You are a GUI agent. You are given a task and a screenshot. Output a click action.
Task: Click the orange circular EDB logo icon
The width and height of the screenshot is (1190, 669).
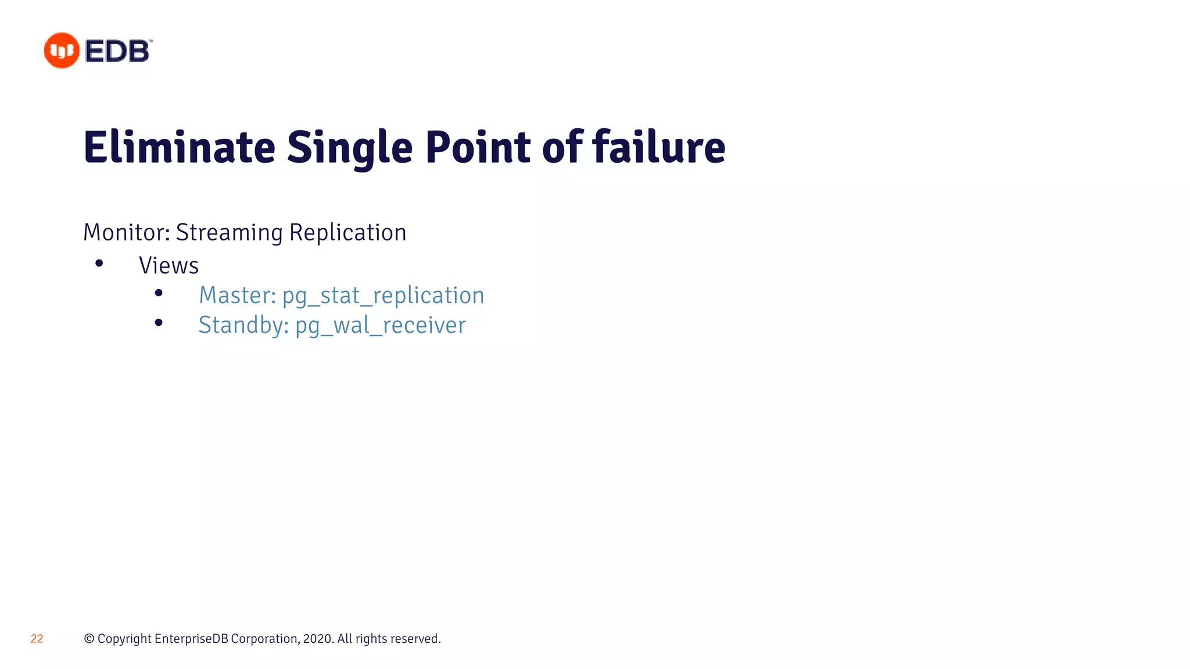coord(61,51)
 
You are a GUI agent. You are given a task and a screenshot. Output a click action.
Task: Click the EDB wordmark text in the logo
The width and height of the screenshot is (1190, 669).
coord(118,51)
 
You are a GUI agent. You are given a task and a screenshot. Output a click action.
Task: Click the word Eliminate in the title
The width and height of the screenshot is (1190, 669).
coord(179,148)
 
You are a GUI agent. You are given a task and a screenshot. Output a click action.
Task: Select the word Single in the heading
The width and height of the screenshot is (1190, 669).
coord(350,148)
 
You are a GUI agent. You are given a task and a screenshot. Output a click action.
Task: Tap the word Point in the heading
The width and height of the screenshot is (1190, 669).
coord(478,148)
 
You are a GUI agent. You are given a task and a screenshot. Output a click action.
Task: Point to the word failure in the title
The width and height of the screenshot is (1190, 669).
coord(659,148)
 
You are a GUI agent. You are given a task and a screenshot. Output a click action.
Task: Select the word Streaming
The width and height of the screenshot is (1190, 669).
coord(229,232)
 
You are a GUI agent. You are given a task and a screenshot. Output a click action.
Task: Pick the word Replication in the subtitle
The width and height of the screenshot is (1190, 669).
coord(347,232)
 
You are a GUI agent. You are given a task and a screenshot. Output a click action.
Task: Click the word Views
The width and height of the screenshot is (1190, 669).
coord(169,265)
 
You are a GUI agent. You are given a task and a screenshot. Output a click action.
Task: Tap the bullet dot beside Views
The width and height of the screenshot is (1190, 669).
coord(99,264)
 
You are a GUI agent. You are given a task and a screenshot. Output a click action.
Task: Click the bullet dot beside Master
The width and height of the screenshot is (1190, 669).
coord(159,293)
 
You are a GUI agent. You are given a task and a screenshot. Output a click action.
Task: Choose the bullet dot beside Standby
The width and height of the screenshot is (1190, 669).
coord(159,323)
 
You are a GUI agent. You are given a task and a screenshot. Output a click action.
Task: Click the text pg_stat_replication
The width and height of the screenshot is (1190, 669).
coord(383,296)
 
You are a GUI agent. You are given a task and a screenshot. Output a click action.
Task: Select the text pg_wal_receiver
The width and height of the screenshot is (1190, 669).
coord(380,325)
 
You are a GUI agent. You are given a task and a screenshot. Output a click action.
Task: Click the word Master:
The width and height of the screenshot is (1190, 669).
coord(237,295)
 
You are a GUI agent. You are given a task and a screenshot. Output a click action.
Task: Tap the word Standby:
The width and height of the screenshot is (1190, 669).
coord(243,325)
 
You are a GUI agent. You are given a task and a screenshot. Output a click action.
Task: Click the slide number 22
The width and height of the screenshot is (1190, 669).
coord(37,639)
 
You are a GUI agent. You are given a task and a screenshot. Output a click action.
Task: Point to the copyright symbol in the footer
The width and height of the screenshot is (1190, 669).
coord(89,639)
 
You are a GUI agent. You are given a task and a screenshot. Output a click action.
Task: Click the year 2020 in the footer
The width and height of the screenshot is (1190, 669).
coord(317,639)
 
